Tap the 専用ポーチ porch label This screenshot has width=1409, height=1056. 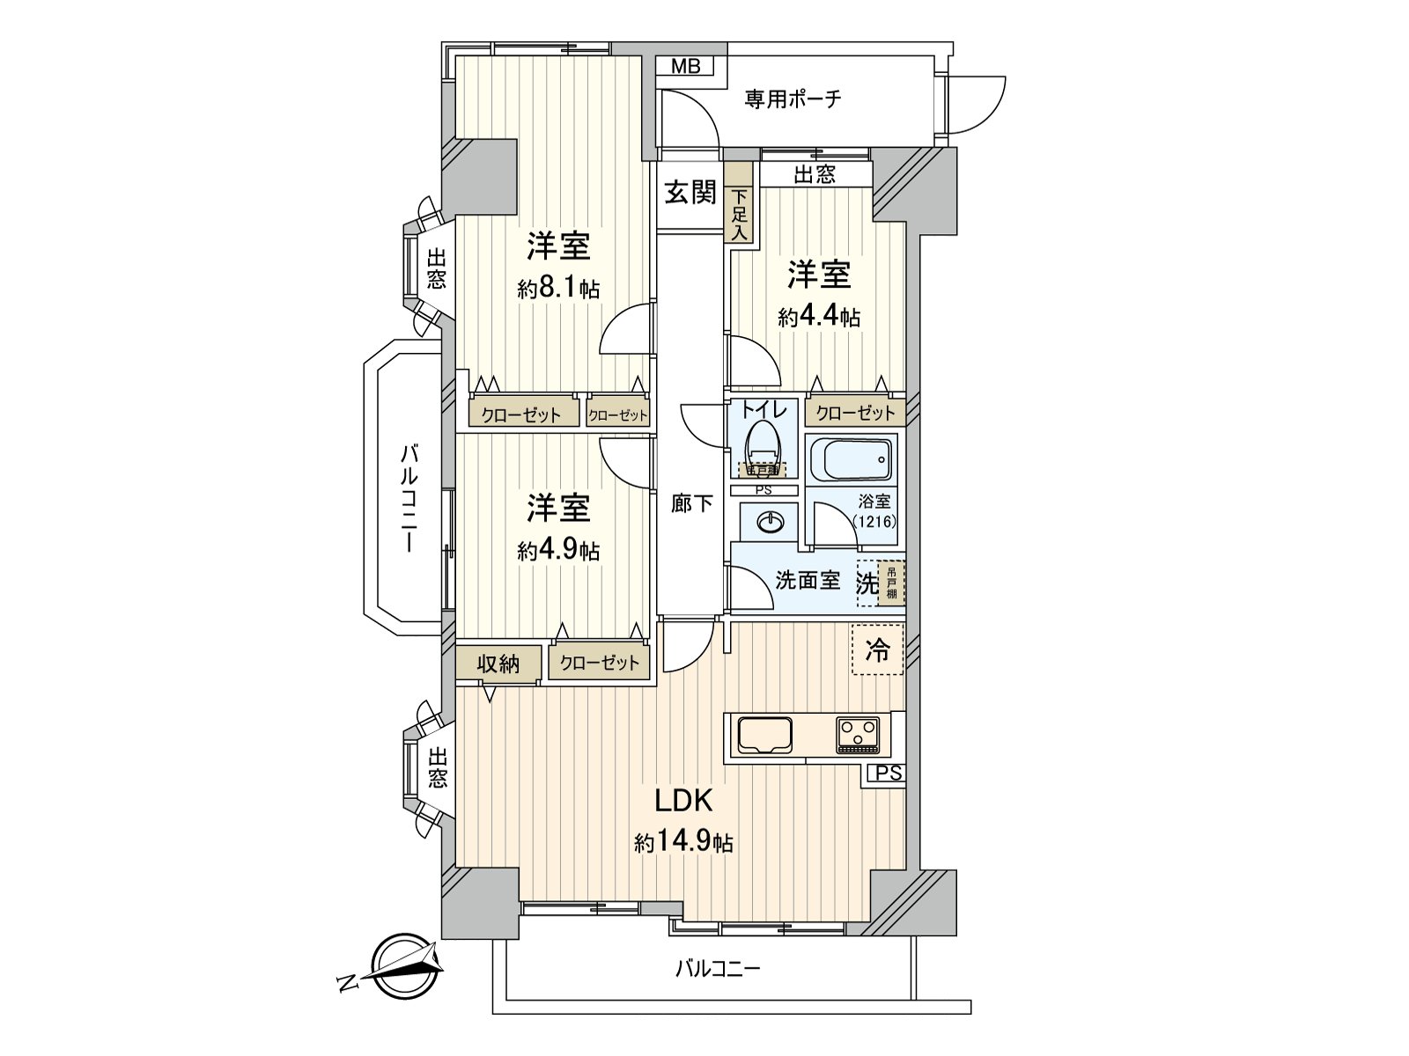pos(793,99)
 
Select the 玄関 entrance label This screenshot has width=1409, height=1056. pos(690,193)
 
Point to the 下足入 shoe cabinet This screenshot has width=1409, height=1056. pos(740,215)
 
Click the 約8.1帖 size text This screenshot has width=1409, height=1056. pos(558,289)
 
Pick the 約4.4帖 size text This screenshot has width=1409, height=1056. pos(818,317)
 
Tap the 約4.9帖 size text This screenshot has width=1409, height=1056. pos(558,551)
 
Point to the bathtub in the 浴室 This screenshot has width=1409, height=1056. pos(850,459)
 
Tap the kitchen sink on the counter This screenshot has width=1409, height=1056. pos(764,735)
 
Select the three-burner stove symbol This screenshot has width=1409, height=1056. pos(858,735)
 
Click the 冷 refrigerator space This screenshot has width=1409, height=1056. pos(878,649)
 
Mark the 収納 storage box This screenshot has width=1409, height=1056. pos(498,664)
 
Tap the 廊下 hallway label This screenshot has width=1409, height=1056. pos(692,504)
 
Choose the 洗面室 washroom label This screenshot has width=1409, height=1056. pos(808,581)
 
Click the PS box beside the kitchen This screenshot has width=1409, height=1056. pos(889,774)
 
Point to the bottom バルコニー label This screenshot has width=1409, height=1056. pos(717,970)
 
